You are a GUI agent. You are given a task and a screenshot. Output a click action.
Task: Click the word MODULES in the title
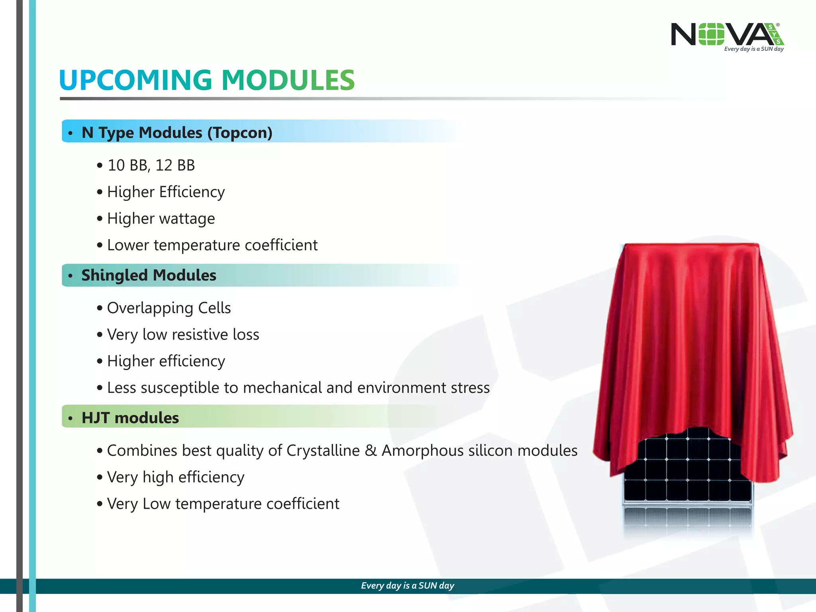[288, 80]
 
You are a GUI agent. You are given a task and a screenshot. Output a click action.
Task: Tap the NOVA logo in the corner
[727, 36]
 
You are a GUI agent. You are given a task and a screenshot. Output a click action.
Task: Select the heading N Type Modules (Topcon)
[177, 132]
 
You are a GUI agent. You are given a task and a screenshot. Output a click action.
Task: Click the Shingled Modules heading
[149, 275]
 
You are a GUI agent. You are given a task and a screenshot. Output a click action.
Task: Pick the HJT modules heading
[130, 418]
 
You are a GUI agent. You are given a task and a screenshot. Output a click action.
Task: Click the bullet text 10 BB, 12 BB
[151, 165]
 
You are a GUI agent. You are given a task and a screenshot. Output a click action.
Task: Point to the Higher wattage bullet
[161, 218]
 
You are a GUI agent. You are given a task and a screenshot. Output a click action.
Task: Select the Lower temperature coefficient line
[212, 245]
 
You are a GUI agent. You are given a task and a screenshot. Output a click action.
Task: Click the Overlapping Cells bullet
[169, 308]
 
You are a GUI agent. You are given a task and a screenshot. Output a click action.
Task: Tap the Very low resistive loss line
[183, 334]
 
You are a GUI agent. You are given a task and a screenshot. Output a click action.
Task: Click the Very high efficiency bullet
[175, 477]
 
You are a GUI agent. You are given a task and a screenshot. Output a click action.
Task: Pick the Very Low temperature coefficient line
[223, 504]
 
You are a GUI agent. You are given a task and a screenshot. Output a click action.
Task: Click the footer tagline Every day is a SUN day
[407, 585]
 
